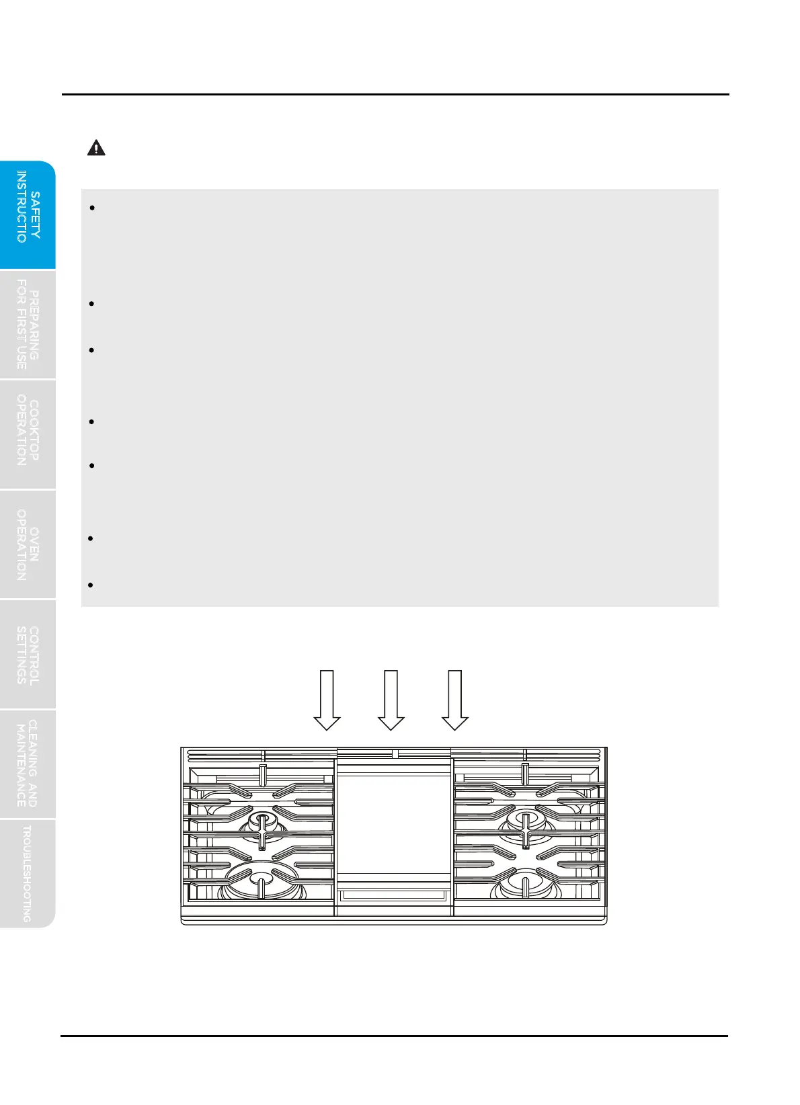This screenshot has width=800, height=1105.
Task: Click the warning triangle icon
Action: coord(96,149)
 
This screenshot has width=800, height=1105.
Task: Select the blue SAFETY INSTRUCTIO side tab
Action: coord(28,215)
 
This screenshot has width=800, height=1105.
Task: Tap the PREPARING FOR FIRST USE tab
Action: coord(28,325)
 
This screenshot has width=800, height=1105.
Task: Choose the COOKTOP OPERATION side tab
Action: coord(28,434)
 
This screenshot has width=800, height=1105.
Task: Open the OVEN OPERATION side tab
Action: coord(28,544)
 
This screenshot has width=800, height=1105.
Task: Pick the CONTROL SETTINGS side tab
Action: coord(28,654)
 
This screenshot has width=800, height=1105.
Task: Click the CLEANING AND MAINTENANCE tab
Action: coord(28,764)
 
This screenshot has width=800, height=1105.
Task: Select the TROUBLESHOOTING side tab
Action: coord(28,873)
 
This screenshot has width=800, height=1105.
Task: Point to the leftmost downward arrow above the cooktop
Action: coord(327,700)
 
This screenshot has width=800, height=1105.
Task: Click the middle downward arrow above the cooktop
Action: coord(391,700)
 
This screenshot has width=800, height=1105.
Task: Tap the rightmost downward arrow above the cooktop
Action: coord(455,700)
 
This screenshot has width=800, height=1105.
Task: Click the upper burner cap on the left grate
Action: coord(262,821)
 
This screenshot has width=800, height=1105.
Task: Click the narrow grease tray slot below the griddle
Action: coord(393,895)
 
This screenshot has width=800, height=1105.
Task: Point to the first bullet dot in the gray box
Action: coord(93,208)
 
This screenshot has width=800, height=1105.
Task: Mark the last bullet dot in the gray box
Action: coord(91,585)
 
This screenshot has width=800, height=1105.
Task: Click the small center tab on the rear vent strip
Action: coord(395,754)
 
